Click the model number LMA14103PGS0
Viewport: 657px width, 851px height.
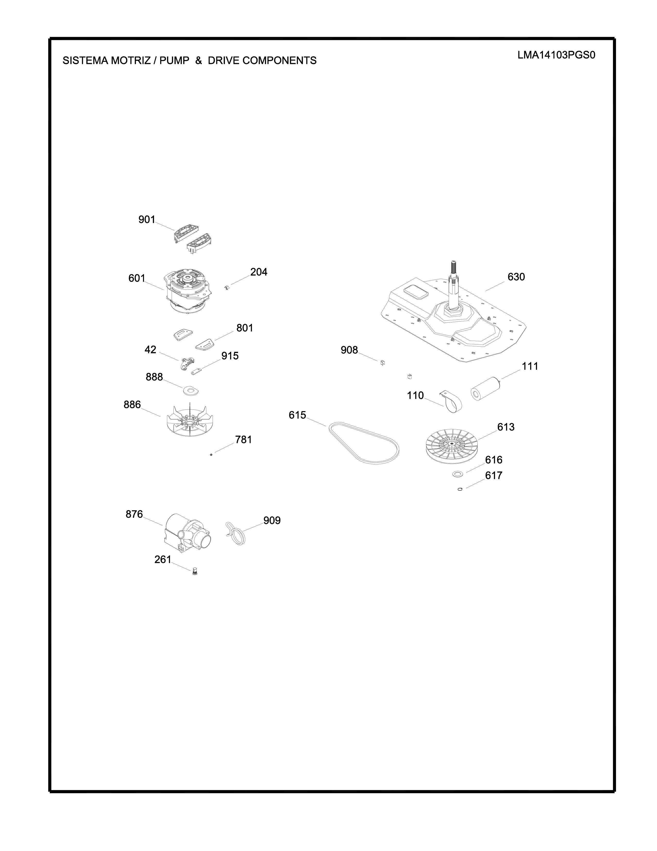point(556,55)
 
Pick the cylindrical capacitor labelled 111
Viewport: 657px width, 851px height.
point(485,389)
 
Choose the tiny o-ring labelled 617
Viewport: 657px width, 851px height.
point(460,490)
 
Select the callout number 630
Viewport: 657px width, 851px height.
point(516,277)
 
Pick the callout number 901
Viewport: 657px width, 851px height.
point(147,220)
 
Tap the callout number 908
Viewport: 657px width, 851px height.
point(349,350)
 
